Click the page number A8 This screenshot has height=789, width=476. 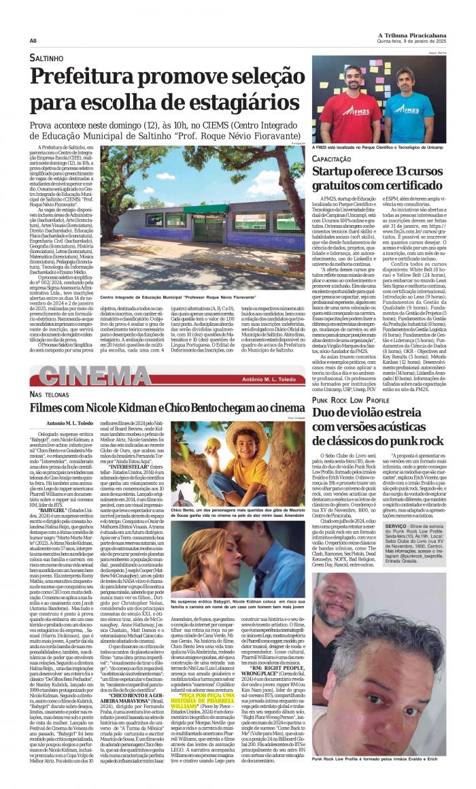point(33,40)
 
